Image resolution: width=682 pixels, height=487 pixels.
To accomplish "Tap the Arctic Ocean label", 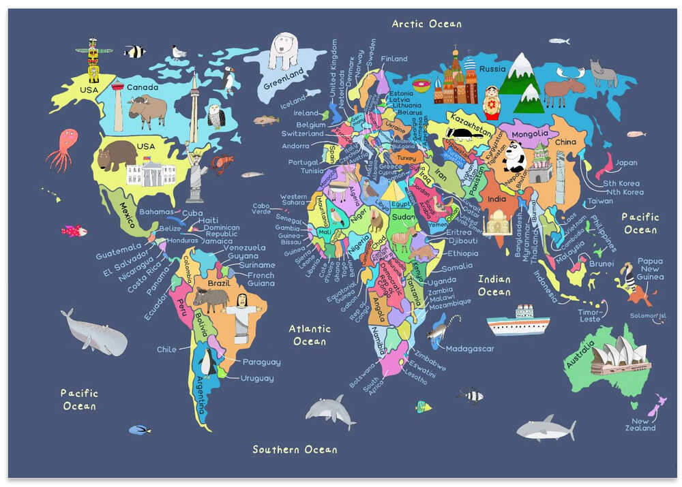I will point(426,24).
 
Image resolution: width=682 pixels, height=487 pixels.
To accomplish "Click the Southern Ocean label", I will point(295,450).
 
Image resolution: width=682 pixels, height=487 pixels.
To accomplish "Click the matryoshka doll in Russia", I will point(490,103).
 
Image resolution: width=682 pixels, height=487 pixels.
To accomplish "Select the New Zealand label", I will point(640,424).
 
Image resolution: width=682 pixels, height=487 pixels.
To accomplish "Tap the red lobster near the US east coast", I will point(222,164).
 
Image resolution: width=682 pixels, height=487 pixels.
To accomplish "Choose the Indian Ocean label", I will point(494,285).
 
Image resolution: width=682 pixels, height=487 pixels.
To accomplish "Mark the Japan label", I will point(625,163).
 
